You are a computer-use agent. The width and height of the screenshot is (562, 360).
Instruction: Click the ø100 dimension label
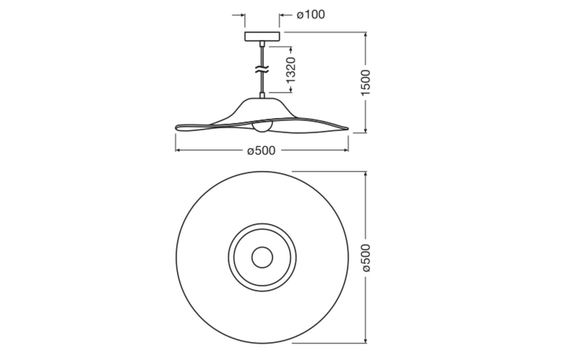point(311,15)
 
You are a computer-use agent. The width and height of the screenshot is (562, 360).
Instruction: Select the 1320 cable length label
point(291,70)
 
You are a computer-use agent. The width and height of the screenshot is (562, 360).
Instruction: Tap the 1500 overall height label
point(365,82)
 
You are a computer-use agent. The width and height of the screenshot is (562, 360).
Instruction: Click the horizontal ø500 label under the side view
point(261,151)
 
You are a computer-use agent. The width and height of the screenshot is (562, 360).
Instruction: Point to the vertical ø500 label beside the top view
point(366,258)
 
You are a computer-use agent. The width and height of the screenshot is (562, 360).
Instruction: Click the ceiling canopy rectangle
point(262,36)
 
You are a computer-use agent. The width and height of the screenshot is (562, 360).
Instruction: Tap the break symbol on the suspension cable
point(262,70)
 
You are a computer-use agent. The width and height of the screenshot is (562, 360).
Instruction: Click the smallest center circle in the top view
point(262,257)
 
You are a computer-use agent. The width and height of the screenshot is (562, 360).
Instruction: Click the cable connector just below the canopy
point(262,44)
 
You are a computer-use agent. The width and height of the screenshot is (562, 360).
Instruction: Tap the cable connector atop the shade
point(262,94)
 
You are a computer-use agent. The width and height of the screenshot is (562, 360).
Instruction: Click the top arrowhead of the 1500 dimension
point(365,35)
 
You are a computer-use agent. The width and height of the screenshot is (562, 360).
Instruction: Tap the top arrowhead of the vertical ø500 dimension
point(365,174)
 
